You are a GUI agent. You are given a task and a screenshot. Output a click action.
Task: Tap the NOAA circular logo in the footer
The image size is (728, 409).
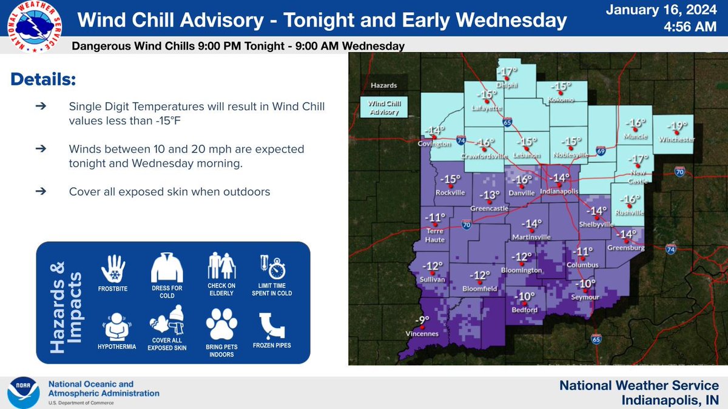coord(22,393)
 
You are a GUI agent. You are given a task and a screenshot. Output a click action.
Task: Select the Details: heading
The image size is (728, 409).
coord(44,80)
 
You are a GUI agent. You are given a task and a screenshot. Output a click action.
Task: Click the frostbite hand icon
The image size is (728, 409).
coord(113,268)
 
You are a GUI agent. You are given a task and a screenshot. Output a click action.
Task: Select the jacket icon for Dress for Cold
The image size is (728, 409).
coord(167,268)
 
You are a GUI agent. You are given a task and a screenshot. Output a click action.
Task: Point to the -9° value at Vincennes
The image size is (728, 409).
coord(422,321)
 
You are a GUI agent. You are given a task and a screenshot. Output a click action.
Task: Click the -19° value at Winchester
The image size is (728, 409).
coord(678,126)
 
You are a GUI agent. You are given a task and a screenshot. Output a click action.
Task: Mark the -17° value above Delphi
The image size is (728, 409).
coord(507,72)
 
